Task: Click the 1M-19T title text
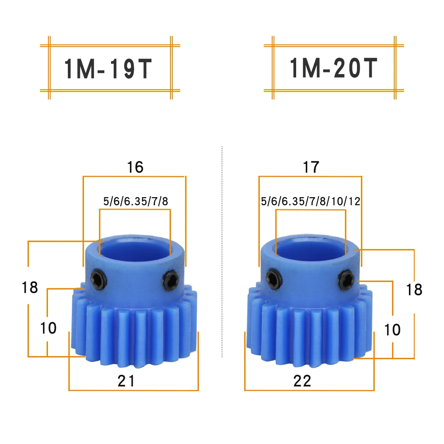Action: pos(108,69)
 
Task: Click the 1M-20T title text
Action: pos(333,68)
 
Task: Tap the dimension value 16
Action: pos(135,167)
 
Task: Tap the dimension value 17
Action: pos(311,167)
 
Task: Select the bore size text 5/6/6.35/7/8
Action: pos(135,201)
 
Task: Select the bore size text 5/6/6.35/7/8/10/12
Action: pos(311,201)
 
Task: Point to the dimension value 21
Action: pos(126,381)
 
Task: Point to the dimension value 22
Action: pos(302,381)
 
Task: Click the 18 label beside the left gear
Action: pos(30,287)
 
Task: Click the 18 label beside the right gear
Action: pos(414,289)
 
